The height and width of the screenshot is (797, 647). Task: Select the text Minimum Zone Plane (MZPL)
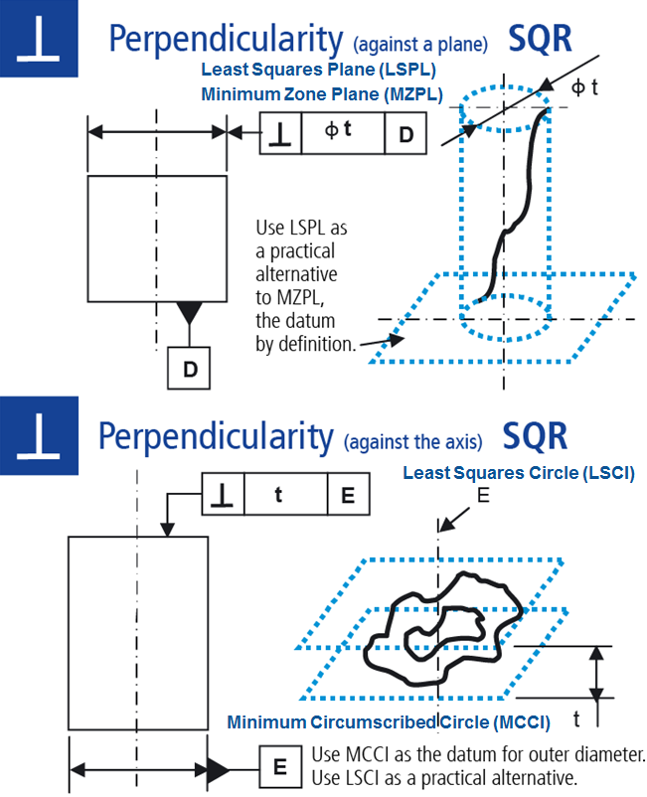(x=321, y=93)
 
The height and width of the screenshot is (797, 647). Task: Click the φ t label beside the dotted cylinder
(x=585, y=86)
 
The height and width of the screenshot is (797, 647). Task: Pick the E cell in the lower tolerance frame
(x=348, y=494)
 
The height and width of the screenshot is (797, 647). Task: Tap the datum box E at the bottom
(x=280, y=766)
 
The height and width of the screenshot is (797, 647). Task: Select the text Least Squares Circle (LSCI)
(x=518, y=472)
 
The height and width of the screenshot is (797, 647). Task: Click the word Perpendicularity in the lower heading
(x=215, y=434)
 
